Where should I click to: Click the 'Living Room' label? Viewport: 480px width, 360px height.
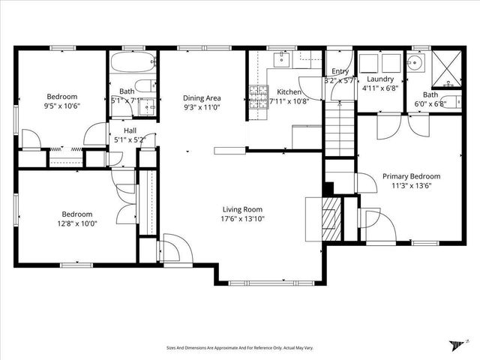[x=243, y=209]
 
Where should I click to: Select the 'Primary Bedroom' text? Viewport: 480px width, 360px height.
[x=411, y=176]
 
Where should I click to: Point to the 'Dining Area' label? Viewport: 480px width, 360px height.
[x=202, y=97]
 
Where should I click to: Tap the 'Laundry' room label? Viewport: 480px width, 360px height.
[x=380, y=79]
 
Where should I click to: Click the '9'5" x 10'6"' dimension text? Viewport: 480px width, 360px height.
[x=62, y=106]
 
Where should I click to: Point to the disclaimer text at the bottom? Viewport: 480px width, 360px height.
[x=239, y=348]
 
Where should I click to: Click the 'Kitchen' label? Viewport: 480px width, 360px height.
[x=288, y=91]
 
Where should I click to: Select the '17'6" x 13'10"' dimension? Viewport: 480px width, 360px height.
[x=243, y=219]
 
